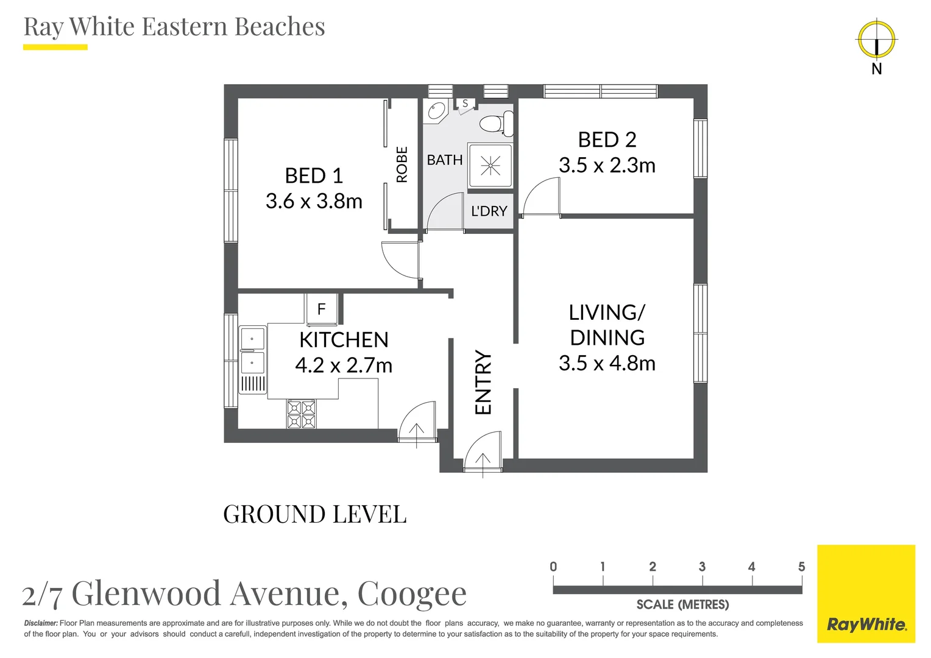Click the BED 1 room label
[x=314, y=175]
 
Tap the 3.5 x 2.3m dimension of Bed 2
[x=607, y=165]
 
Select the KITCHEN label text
[x=344, y=339]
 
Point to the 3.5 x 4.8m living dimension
[x=607, y=363]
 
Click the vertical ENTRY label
[x=483, y=382]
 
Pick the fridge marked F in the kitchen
[x=322, y=309]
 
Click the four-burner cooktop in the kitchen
[x=302, y=414]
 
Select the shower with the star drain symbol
[x=490, y=166]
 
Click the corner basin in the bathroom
[x=436, y=111]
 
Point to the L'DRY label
[x=489, y=211]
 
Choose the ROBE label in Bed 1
[x=402, y=164]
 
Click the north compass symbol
[x=876, y=40]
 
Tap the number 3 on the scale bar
[x=702, y=567]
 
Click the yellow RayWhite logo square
[x=866, y=593]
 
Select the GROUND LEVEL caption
[x=314, y=514]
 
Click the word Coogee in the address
[x=412, y=593]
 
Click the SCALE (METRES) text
[x=682, y=604]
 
